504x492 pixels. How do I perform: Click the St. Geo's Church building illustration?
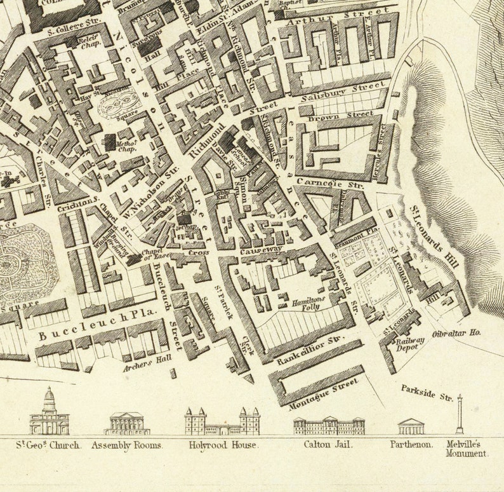point(49,414)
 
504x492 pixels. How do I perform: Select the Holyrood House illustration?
point(222,421)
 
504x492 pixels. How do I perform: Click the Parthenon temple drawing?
point(410,426)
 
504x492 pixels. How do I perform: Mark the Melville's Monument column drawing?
point(459,414)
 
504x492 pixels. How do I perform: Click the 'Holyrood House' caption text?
point(223,445)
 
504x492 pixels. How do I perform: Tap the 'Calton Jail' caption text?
point(329,445)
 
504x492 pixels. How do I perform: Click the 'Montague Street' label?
point(323,393)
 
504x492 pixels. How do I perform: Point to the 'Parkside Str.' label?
point(427,392)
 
